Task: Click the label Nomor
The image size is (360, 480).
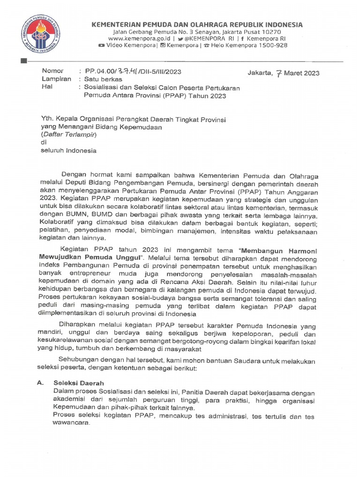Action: click(52, 71)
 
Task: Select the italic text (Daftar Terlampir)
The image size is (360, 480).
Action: click(68, 135)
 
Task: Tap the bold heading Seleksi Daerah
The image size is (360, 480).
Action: click(78, 383)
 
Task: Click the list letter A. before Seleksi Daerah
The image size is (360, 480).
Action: click(41, 383)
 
